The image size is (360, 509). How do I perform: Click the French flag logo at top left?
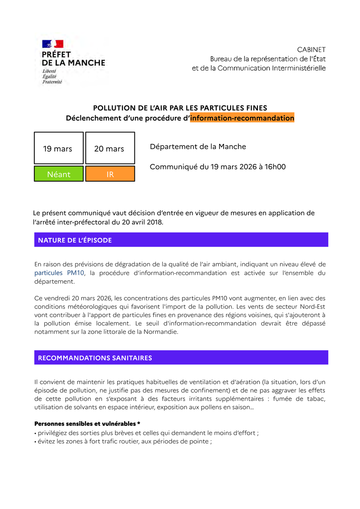point(53,44)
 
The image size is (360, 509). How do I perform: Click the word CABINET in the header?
point(311,50)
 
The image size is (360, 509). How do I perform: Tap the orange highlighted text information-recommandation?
point(242,118)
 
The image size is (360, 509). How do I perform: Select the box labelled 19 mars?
point(58,148)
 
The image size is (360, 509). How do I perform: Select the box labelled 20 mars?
point(110,148)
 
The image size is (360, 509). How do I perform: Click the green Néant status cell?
point(58,174)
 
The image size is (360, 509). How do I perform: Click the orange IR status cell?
point(110,174)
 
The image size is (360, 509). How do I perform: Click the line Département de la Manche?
point(198,147)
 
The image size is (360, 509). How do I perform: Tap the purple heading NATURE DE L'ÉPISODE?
point(75,240)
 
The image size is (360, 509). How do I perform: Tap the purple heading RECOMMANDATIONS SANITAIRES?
point(95,358)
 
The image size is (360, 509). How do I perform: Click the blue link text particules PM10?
point(59,273)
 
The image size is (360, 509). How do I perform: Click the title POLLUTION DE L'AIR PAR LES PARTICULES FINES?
point(180,108)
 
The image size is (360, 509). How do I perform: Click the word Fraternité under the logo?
point(52,82)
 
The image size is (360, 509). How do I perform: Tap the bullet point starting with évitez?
point(123,441)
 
